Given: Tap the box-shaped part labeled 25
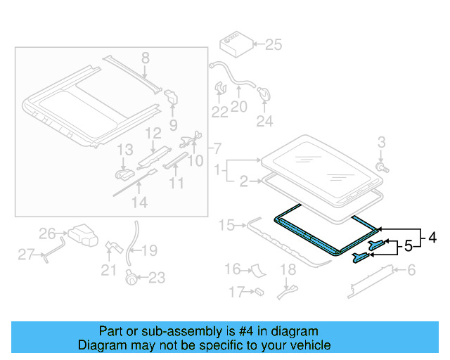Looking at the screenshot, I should [x=233, y=44].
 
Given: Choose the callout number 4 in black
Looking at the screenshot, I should [x=432, y=238].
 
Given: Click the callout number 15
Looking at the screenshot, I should [x=226, y=226].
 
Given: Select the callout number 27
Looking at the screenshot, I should [x=26, y=255].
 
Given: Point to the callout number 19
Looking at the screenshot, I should [x=150, y=250].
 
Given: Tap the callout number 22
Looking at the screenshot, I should [x=220, y=112].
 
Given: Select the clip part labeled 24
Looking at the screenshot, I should [x=265, y=94].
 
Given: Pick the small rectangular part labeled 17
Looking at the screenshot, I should [x=259, y=290].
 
